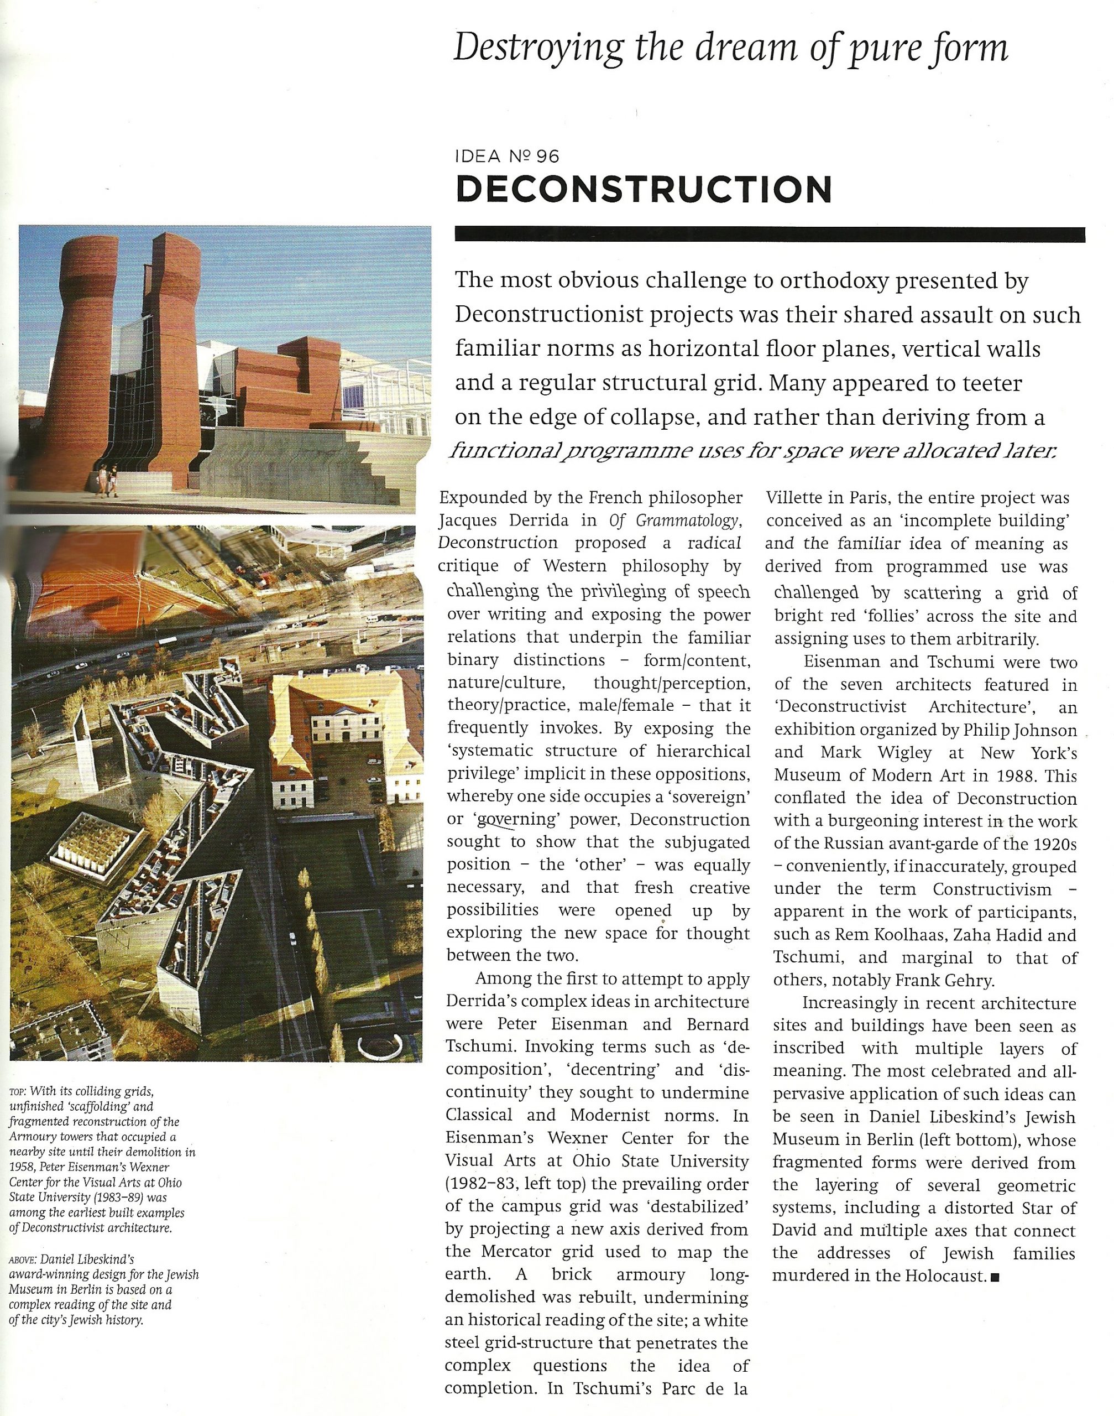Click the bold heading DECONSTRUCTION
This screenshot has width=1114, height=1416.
pyautogui.click(x=643, y=189)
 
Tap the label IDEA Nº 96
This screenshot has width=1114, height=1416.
pyautogui.click(x=507, y=157)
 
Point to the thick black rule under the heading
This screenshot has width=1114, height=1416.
pyautogui.click(x=770, y=235)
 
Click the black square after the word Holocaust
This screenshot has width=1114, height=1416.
pyautogui.click(x=995, y=1277)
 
